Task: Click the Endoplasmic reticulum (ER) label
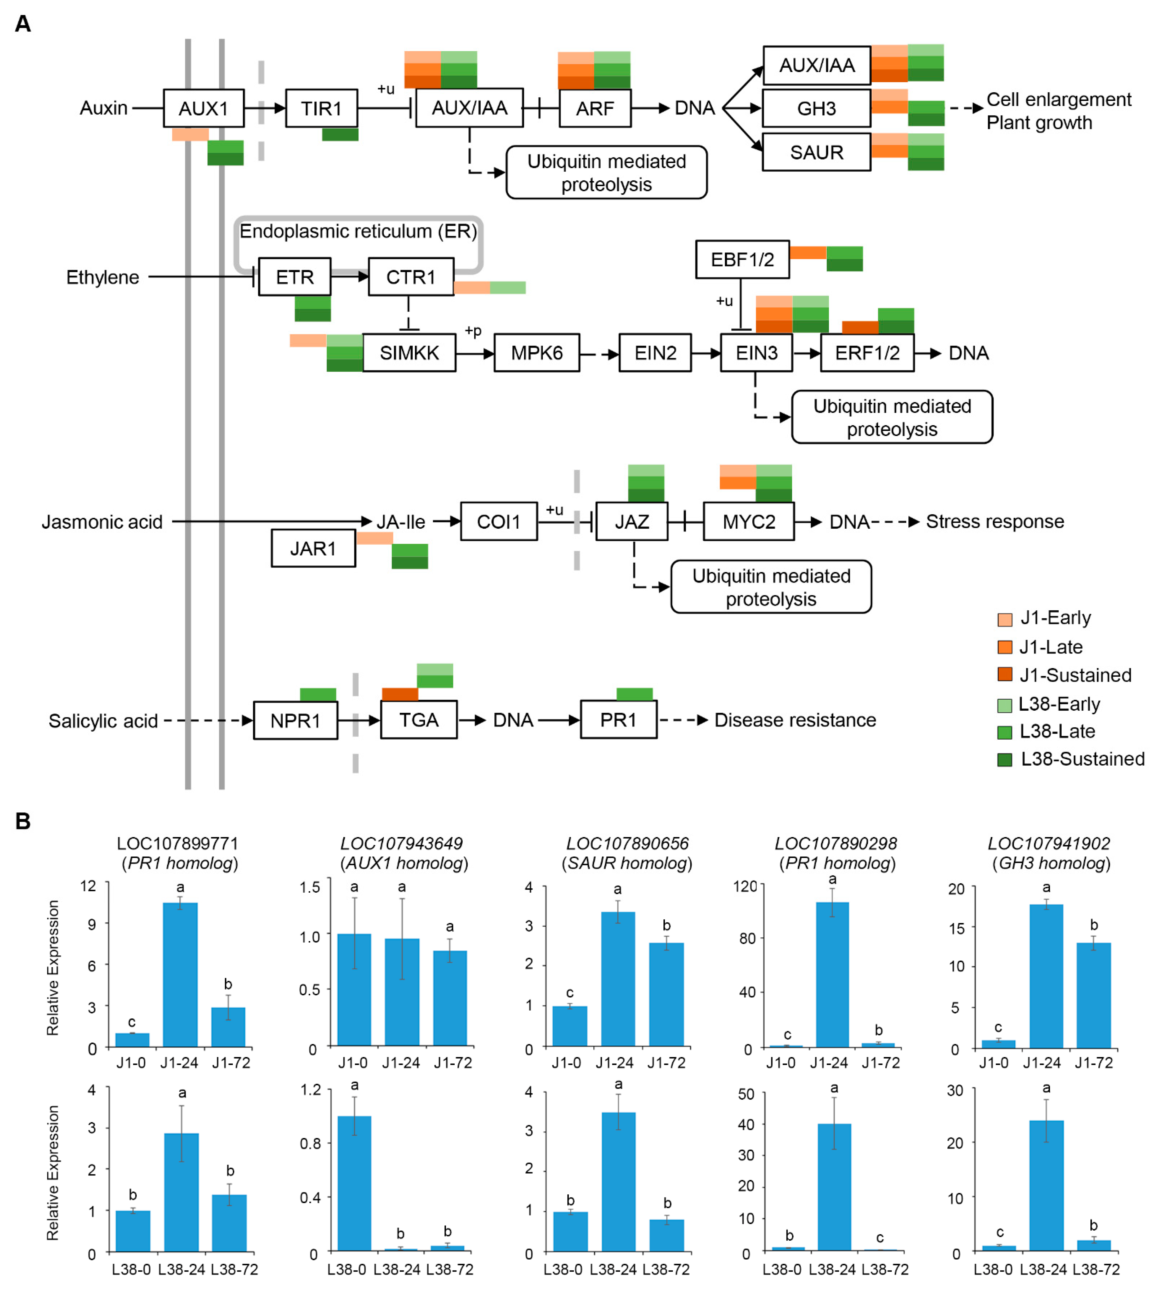[358, 231]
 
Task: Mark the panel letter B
[23, 822]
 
